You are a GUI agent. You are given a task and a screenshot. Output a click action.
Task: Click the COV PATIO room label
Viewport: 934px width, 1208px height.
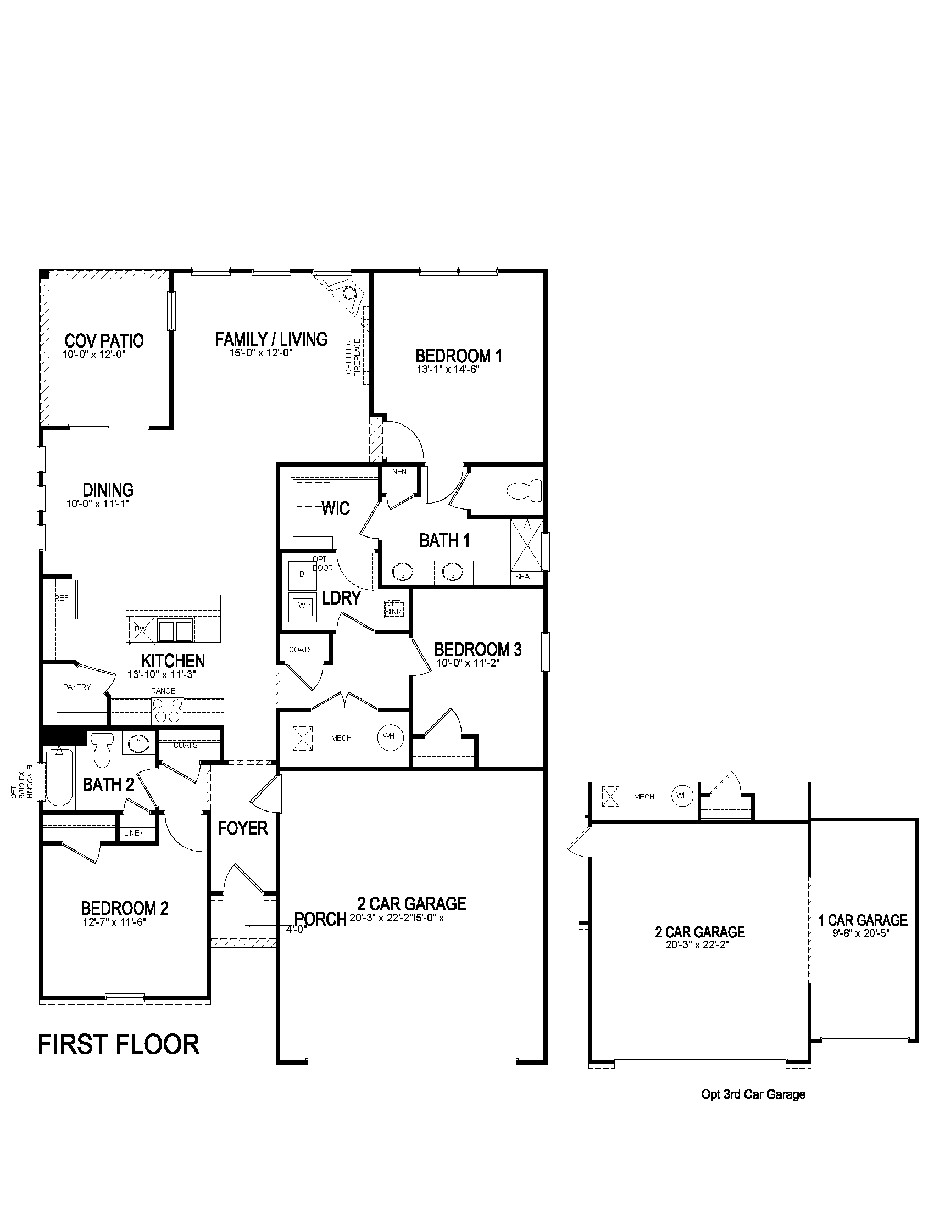click(x=104, y=340)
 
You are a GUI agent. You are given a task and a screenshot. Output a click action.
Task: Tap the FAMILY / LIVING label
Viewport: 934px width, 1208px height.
click(x=271, y=339)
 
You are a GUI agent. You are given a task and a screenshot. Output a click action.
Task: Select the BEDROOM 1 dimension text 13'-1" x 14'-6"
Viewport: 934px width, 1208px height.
click(x=448, y=369)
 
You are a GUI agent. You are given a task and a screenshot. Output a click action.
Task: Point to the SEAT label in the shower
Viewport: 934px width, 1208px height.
click(x=524, y=577)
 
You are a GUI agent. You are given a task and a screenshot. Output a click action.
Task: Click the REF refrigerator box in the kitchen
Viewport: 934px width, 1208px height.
click(x=63, y=599)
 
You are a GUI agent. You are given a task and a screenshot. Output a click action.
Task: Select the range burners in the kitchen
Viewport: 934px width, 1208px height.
click(x=168, y=710)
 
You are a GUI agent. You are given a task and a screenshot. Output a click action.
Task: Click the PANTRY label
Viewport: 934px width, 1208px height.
click(x=77, y=687)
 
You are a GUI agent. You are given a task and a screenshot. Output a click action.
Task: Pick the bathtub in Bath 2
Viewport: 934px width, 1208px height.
click(x=59, y=776)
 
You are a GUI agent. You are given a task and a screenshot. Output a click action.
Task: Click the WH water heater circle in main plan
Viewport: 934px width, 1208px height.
click(x=390, y=736)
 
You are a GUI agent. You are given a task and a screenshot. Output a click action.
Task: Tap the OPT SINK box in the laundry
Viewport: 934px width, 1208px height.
click(x=395, y=608)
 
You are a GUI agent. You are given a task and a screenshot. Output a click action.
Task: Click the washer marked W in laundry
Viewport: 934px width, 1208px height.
click(x=302, y=606)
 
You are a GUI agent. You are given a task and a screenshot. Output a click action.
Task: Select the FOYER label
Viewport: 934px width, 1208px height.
click(x=242, y=828)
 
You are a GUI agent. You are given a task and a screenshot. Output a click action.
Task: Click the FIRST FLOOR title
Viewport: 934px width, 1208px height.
click(x=119, y=1044)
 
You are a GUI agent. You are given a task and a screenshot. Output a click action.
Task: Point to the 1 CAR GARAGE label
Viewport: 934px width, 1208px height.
click(x=863, y=920)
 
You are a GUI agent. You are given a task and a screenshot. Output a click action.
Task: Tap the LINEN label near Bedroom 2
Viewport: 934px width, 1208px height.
click(x=135, y=833)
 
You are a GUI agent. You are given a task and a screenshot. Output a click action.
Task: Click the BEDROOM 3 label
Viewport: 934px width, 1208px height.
click(x=477, y=650)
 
